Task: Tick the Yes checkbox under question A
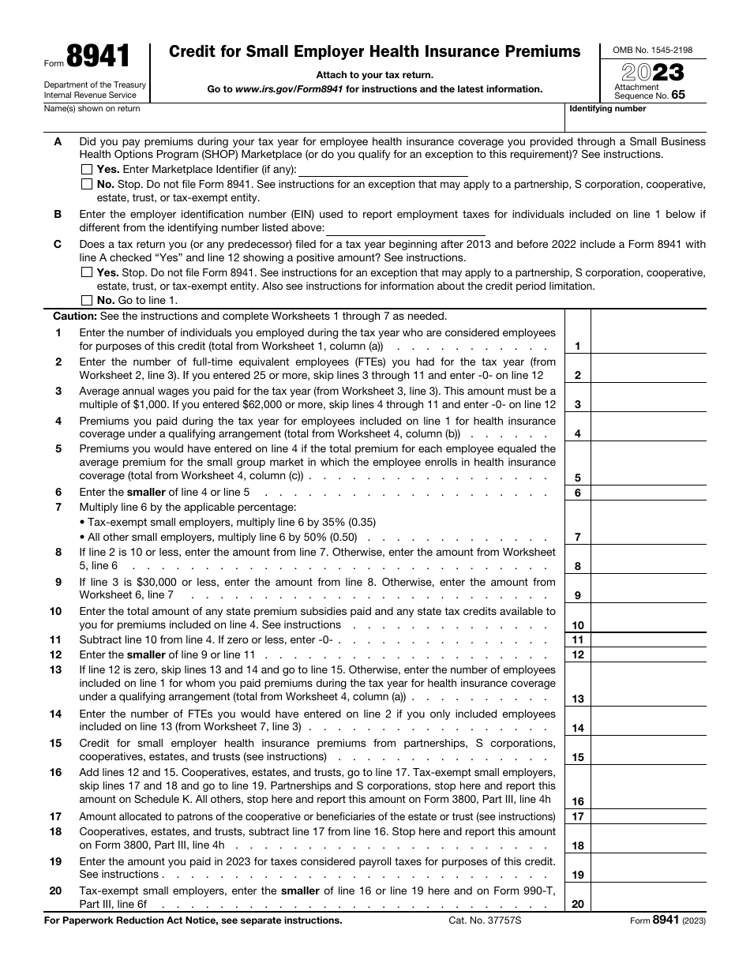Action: point(86,170)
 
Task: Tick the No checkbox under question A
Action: point(86,184)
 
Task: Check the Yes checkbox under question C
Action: point(86,272)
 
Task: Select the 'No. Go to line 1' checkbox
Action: point(86,301)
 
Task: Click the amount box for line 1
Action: point(647,339)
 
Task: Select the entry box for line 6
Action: point(647,493)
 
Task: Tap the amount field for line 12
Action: point(647,654)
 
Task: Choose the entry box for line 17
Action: point(647,816)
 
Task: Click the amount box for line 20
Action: point(647,897)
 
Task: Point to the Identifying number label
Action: point(608,109)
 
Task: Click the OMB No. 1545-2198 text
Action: point(653,51)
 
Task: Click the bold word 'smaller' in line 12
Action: point(146,654)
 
